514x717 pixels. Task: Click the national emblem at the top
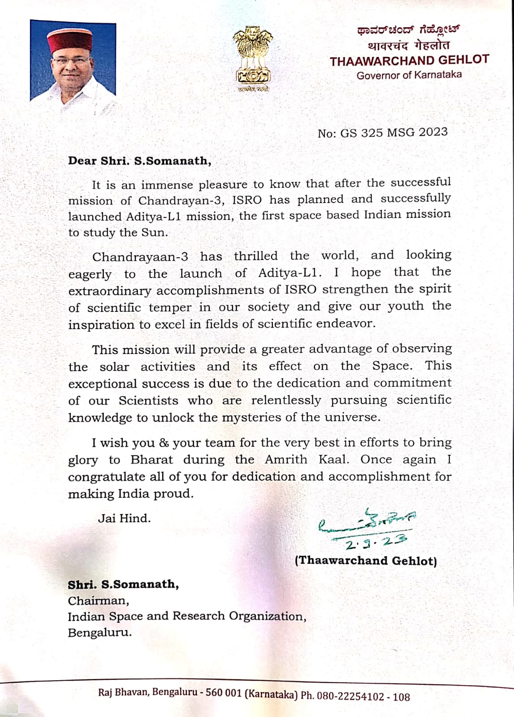(253, 56)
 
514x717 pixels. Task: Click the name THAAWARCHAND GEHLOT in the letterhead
(409, 60)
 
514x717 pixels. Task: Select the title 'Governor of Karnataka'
(409, 75)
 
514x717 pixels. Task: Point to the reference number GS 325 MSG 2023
(394, 132)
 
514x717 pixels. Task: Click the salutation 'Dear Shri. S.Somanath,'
(139, 161)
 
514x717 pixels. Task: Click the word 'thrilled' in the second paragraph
(255, 256)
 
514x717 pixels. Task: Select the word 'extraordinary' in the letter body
(110, 291)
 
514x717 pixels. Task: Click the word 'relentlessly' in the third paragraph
(286, 400)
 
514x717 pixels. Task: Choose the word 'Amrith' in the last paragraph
(286, 460)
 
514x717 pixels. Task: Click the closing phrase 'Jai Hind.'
(124, 518)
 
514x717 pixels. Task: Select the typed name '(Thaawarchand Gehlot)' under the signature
(366, 561)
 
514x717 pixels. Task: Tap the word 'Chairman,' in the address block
(98, 600)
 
